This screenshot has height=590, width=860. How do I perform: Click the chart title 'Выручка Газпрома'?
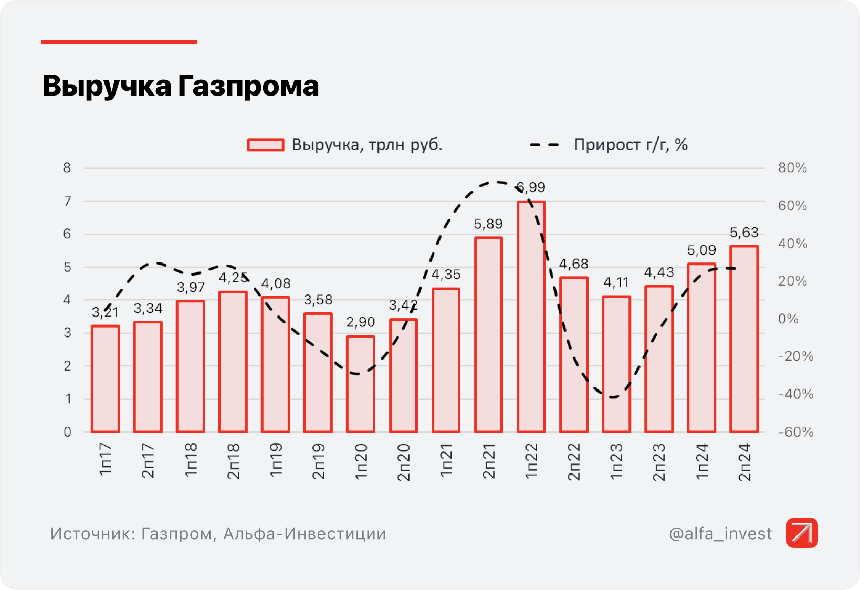180,86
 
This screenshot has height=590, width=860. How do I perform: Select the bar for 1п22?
531,317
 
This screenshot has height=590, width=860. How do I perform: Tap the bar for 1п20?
360,384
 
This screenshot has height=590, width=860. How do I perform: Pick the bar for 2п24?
743,339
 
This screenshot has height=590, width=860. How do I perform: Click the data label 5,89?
488,224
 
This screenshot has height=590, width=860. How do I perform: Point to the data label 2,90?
360,322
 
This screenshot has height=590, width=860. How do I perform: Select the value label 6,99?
531,187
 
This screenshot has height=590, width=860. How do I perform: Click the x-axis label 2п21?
488,461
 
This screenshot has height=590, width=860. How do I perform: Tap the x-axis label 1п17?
106,460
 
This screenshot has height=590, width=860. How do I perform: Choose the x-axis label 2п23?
658,462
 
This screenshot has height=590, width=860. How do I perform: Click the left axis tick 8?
67,168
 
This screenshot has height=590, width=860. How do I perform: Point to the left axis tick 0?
67,432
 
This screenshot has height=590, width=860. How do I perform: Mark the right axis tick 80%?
792,168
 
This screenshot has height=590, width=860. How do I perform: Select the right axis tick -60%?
795,432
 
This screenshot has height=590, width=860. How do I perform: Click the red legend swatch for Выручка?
266,145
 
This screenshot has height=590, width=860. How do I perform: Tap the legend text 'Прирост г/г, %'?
630,144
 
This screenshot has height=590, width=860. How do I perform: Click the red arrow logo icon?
802,533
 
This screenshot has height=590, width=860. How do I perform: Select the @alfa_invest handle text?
720,534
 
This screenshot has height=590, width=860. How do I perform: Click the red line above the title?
119,42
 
